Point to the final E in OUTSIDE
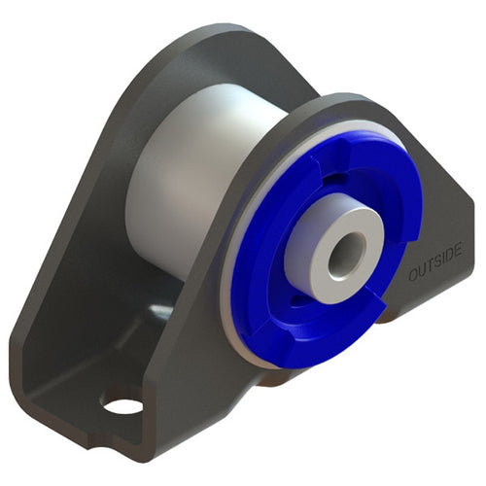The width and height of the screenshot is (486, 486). click(x=459, y=251)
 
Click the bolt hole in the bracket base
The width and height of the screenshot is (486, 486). click(x=122, y=401)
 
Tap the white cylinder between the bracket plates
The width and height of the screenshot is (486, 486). click(x=185, y=175)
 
